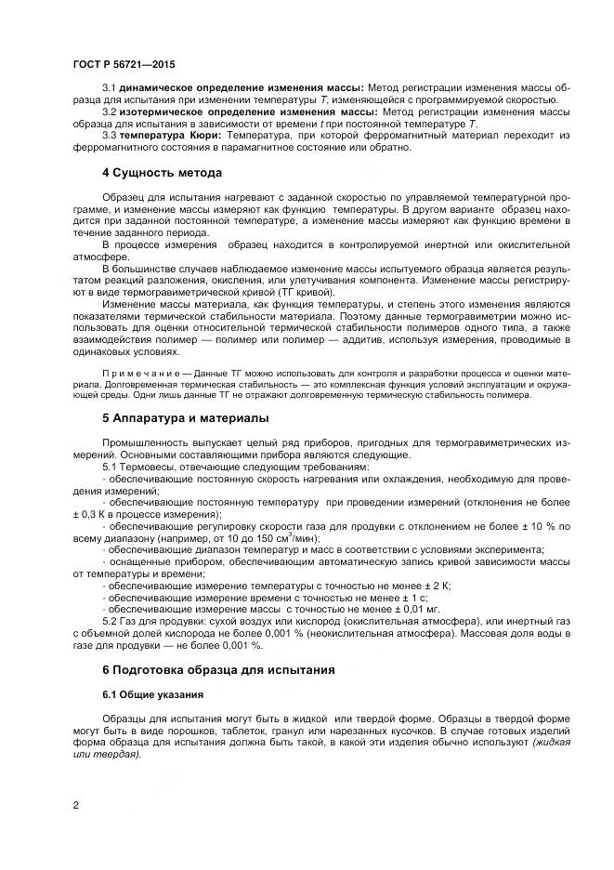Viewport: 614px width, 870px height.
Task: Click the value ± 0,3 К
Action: click(x=92, y=513)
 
